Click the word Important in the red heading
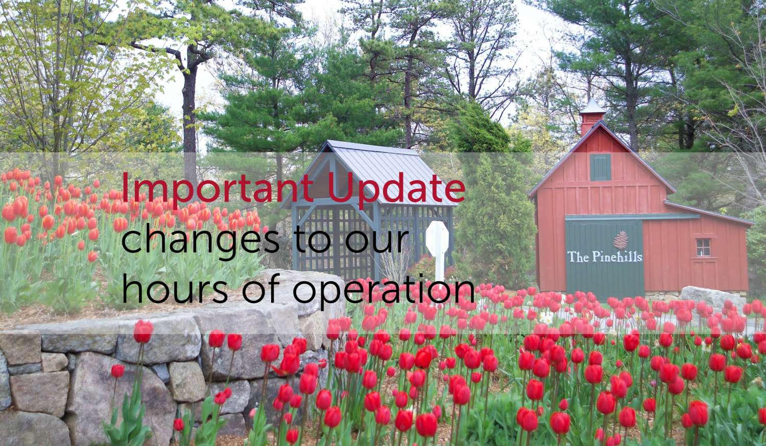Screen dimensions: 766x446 [218, 189]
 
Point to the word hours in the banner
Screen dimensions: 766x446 [175, 288]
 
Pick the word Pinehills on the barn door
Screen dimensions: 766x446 [617, 257]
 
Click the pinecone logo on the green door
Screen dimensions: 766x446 [620, 240]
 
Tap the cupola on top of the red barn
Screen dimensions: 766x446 [592, 118]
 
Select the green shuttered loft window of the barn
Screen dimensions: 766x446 [601, 167]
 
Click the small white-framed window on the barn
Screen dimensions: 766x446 [703, 247]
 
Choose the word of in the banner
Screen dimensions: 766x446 [259, 288]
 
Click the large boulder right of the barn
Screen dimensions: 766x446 [712, 301]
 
